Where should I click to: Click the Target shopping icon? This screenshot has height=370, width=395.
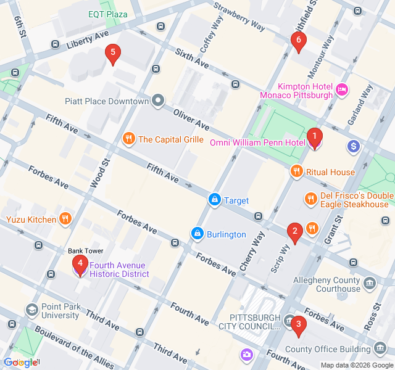point(214,200)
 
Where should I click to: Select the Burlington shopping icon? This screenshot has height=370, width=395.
point(197,234)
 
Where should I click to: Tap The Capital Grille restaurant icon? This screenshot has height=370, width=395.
point(129,139)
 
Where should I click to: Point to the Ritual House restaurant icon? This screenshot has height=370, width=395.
point(297,172)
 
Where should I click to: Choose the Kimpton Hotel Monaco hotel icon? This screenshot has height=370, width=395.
point(342,91)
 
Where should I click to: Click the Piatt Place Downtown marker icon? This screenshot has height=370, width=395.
point(159,101)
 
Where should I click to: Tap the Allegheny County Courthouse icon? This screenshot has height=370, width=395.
point(370,284)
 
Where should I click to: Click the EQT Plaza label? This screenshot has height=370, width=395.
point(107,14)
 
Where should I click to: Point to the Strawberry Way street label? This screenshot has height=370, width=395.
point(239,16)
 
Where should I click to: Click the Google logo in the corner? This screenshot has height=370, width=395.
point(20,363)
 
